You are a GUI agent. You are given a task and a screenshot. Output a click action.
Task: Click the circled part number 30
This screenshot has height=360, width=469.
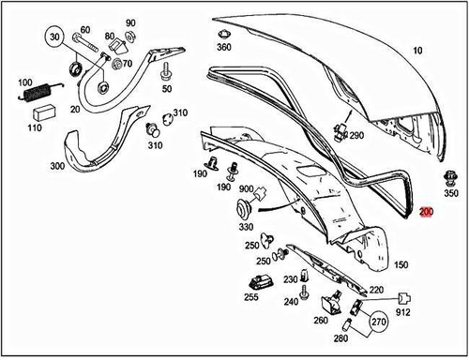(54, 39)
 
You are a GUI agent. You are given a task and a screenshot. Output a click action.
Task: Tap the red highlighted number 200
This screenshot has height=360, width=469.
(426, 213)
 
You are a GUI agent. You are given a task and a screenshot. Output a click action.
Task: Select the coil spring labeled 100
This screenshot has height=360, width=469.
(35, 92)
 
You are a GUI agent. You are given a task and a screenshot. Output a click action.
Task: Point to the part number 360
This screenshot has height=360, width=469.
(223, 47)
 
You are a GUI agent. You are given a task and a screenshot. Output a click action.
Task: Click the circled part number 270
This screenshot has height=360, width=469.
(378, 324)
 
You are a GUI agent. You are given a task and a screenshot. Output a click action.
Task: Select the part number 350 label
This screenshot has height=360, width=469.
(451, 194)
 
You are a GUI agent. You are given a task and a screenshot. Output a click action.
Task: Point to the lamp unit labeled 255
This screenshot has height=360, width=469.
(256, 282)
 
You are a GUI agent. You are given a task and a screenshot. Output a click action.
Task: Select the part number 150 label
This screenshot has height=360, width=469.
(401, 266)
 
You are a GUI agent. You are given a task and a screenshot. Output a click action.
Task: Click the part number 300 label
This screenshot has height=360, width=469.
(57, 166)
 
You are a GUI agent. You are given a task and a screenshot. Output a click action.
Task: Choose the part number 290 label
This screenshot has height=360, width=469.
(356, 135)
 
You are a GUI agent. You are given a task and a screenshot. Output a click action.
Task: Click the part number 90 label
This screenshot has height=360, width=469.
(130, 21)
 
